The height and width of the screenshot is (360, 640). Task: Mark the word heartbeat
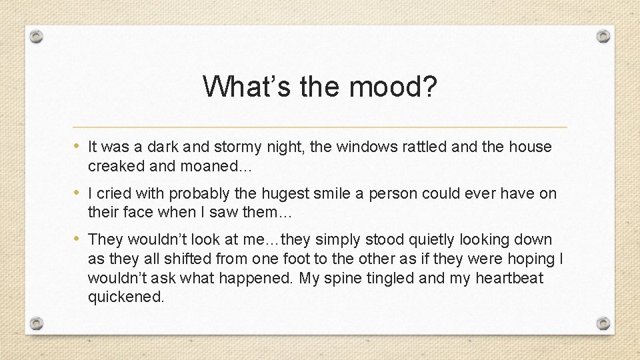point(509,278)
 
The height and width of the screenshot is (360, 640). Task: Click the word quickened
point(125,297)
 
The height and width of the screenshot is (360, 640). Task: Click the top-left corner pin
point(38,36)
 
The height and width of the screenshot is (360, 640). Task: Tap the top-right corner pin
point(603,36)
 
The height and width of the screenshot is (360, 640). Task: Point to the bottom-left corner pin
point(38,323)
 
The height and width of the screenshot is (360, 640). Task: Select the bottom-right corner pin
point(603,323)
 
